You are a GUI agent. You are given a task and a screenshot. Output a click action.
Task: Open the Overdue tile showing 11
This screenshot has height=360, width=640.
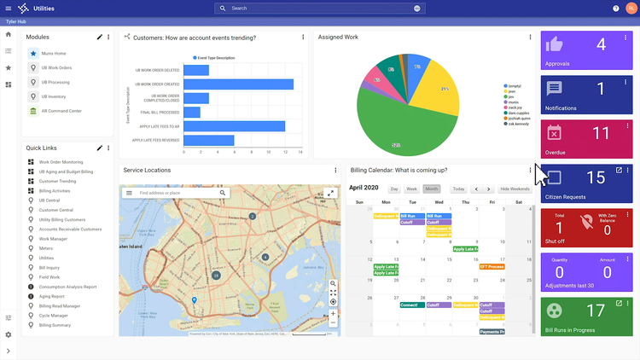tap(587, 137)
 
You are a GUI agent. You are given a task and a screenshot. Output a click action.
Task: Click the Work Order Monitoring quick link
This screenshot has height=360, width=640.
tap(61, 162)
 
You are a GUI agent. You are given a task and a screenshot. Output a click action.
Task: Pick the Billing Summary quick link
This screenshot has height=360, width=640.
tap(55, 325)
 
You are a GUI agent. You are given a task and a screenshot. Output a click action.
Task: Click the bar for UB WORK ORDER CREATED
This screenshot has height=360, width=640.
tap(240, 84)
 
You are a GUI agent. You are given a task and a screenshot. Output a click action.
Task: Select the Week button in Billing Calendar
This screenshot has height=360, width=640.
tap(411, 189)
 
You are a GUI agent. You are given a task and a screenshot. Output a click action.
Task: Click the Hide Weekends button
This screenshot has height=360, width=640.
tap(514, 189)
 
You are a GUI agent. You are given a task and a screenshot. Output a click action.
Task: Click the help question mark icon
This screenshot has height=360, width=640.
tap(616, 9)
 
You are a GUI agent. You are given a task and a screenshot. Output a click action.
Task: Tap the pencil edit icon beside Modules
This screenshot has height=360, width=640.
tap(100, 38)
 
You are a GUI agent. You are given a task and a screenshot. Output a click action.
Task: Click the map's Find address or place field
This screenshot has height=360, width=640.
tap(177, 194)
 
